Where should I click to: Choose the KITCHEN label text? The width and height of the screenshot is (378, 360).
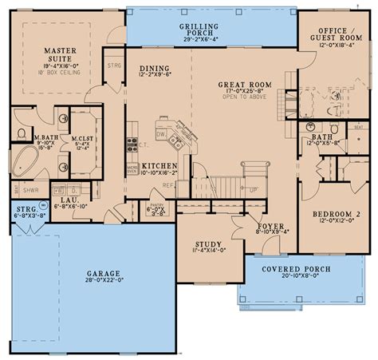tap(160, 166)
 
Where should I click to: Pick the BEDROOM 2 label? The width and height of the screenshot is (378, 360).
tap(329, 215)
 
